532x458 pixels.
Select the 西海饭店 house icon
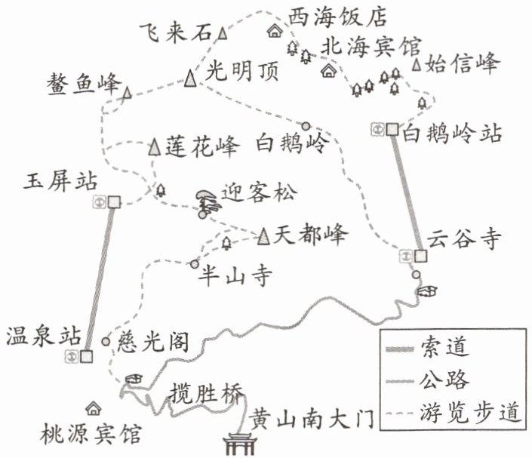(x=275, y=31)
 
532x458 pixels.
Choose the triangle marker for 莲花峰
(x=155, y=146)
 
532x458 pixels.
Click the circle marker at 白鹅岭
(x=306, y=126)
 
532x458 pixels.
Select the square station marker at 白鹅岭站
(x=392, y=129)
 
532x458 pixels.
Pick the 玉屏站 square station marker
(x=114, y=202)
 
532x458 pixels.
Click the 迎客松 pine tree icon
(x=207, y=201)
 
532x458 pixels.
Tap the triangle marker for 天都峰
(x=263, y=236)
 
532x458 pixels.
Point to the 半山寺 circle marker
(x=195, y=264)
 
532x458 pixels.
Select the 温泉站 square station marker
(x=87, y=357)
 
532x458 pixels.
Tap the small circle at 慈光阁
(x=106, y=341)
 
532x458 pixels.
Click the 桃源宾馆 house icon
(x=94, y=408)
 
